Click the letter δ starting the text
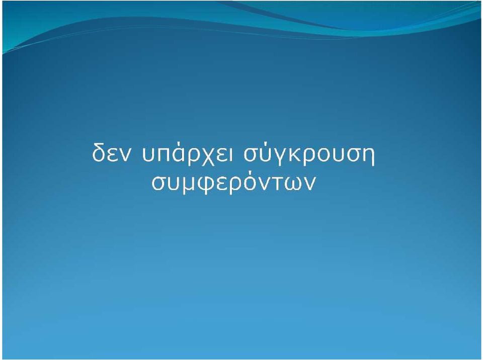coord(98,152)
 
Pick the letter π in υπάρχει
coord(163,155)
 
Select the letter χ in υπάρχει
coord(207,157)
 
